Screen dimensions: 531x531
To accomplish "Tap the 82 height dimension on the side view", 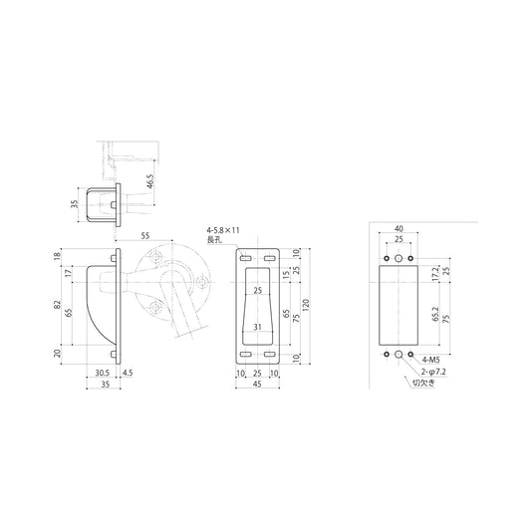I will coord(60,304).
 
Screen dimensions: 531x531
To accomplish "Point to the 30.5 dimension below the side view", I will coord(103,374).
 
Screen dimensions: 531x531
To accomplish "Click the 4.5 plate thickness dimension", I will coord(127,374).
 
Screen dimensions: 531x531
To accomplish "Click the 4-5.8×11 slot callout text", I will coord(224,230).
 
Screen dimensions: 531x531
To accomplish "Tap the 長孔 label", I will coord(214,240).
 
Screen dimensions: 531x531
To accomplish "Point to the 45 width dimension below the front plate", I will coord(257,384).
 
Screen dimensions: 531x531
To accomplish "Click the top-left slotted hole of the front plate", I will coord(246,257).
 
